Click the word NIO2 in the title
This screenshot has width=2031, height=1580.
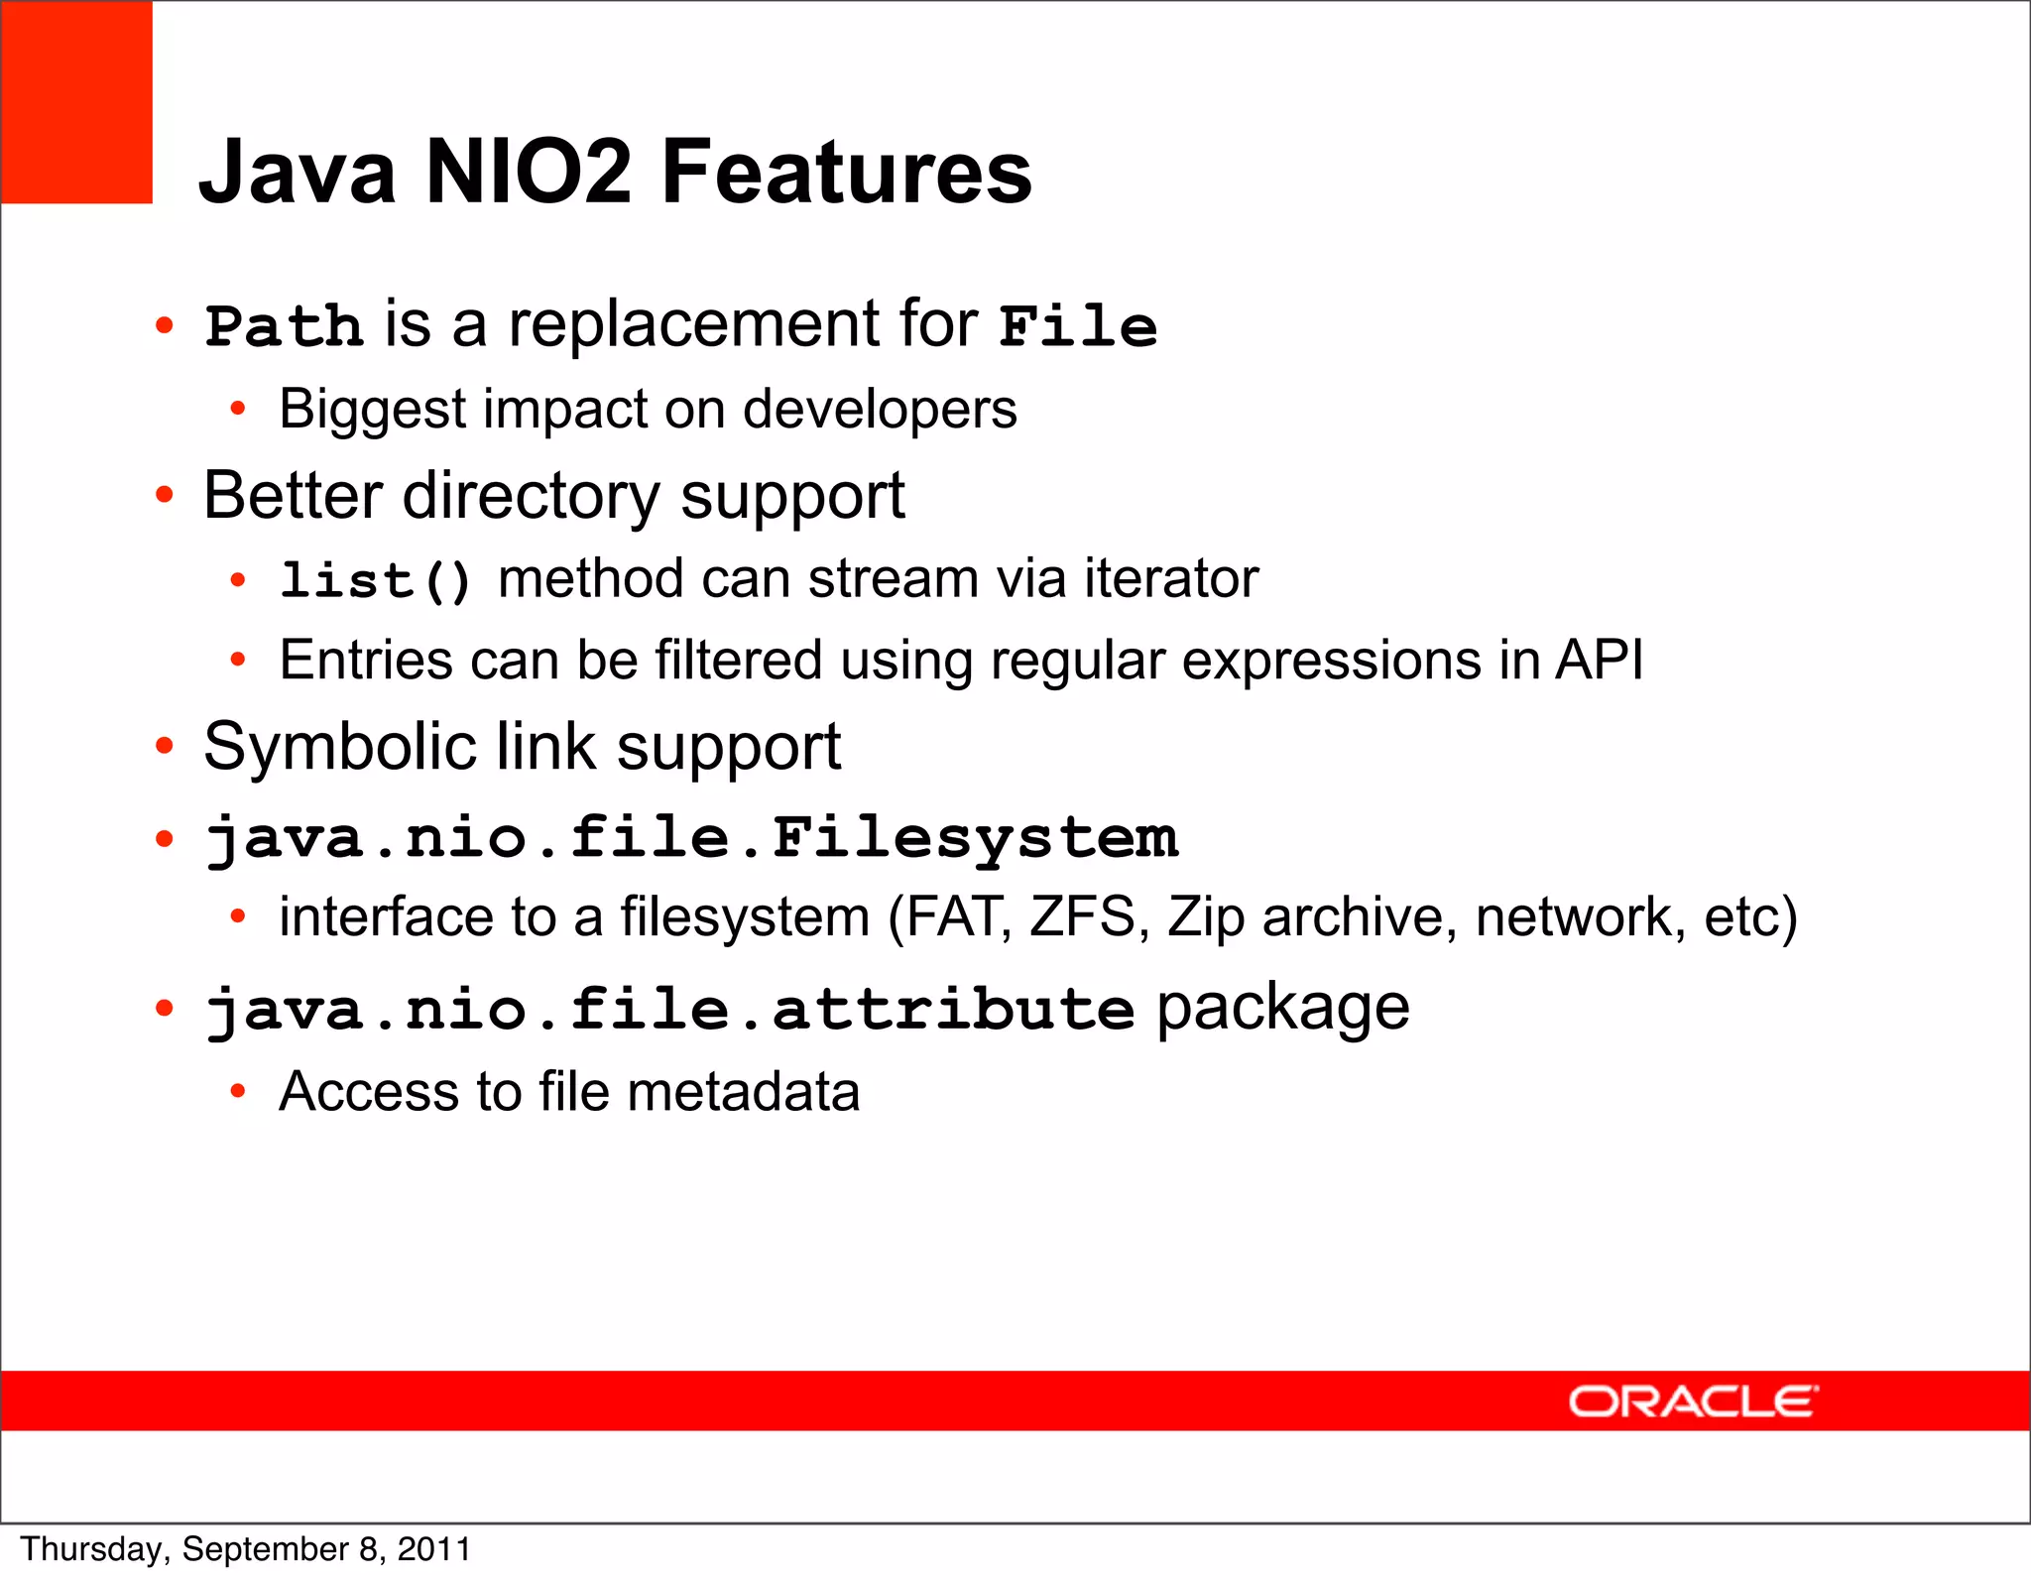click(528, 172)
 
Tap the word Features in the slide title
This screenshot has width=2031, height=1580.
click(846, 172)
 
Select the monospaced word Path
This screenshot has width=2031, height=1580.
click(284, 326)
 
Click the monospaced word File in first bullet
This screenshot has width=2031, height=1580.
click(1078, 326)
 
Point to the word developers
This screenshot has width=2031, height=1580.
click(880, 410)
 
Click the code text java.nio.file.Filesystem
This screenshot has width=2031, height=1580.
click(691, 839)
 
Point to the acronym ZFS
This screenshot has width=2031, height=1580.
click(1082, 916)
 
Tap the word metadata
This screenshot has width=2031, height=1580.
click(743, 1092)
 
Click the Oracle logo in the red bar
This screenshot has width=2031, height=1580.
click(1693, 1401)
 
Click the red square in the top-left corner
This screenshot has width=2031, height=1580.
click(76, 102)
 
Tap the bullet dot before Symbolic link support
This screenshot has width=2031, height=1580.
click(165, 746)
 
